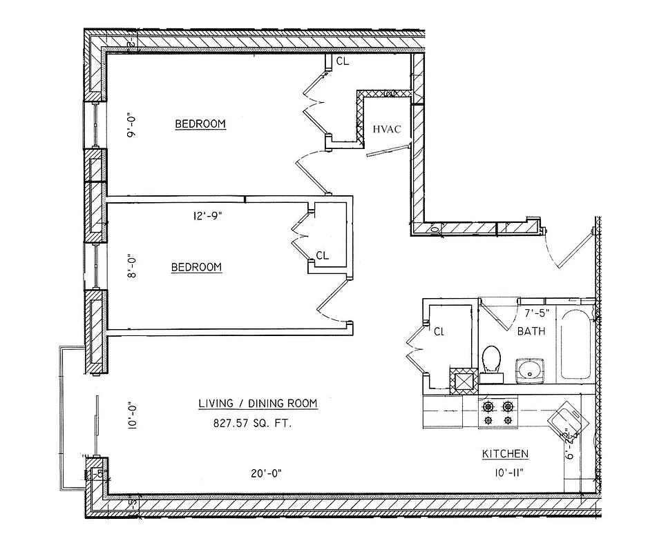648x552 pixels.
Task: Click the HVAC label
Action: coord(387,129)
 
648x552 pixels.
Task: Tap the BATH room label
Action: coord(531,331)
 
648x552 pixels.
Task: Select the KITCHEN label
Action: coord(505,454)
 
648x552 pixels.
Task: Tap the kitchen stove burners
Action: coord(499,413)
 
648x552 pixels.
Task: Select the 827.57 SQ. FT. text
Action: coord(252,424)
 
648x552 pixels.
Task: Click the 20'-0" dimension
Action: coord(266,473)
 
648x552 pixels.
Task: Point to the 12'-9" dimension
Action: coord(207,215)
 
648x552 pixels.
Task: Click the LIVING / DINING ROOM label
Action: coord(258,404)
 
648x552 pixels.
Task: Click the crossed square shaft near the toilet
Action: coord(462,379)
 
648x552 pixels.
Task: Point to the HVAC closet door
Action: coord(388,150)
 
